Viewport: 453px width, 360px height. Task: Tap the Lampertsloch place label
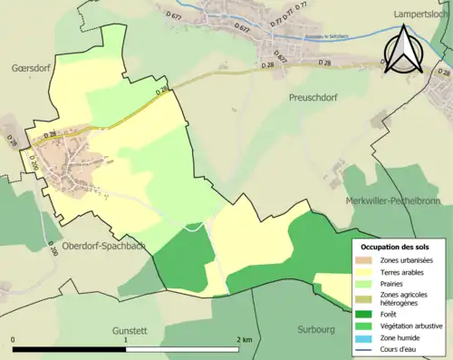[422, 15]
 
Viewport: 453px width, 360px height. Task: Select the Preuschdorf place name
[313, 96]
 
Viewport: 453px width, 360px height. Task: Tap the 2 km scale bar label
[243, 340]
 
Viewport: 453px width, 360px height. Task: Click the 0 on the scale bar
[14, 340]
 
